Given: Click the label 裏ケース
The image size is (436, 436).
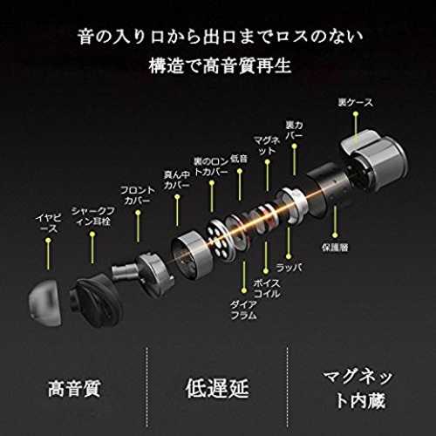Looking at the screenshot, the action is pos(355,103).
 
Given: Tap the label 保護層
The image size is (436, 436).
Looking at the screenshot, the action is pos(335,248).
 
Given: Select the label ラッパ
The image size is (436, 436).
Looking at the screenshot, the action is pos(289,268).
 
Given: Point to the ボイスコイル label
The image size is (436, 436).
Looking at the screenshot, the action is pos(267,289).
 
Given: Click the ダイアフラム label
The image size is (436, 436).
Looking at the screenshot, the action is pos(244,310).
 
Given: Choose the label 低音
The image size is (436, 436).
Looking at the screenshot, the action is pos(239,159).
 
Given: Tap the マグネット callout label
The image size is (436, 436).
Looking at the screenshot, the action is pos(267,146).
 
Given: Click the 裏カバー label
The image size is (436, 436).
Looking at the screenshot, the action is pos(294,130).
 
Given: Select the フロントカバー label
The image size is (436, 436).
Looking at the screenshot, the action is pos(138,195).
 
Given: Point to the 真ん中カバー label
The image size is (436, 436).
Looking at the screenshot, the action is pos(177,180).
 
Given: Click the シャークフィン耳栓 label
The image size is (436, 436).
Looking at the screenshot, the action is pos(93,216).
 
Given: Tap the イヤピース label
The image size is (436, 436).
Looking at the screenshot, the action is pos(49,223).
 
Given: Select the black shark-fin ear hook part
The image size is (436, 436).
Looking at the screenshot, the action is pos(92,299).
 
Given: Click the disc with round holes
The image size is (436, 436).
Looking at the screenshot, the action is pos(220,240).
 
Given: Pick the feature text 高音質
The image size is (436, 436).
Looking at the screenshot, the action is pos(74,389).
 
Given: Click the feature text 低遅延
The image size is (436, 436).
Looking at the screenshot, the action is pos(217,388).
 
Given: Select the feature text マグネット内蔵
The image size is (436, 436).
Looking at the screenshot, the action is pos(358,389).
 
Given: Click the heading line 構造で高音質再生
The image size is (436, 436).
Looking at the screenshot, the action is pos(220,66).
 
